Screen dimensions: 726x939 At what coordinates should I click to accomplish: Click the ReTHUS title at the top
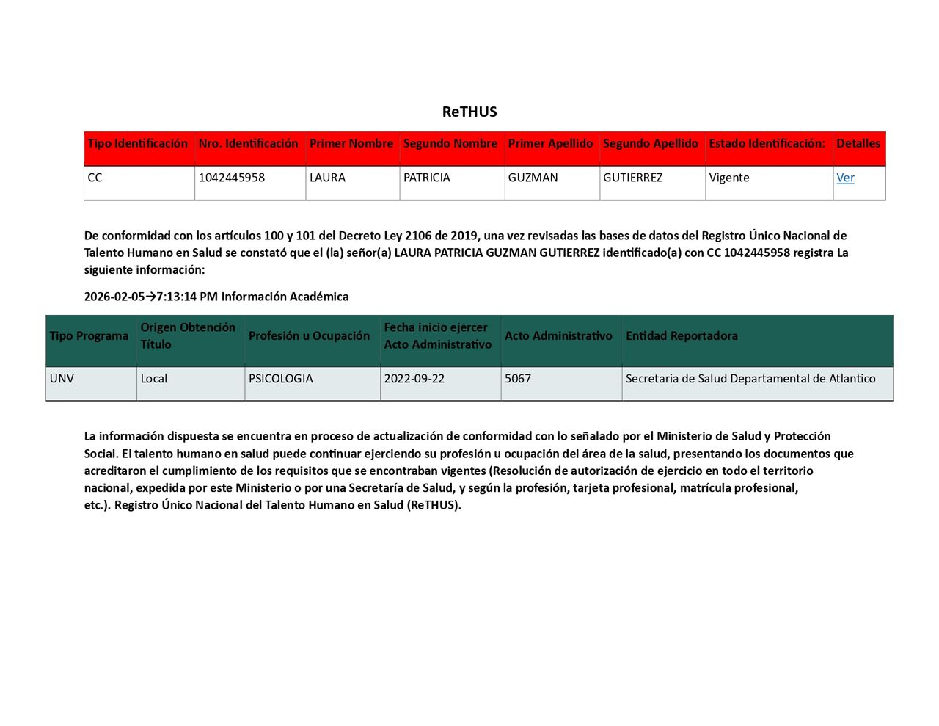[469, 112]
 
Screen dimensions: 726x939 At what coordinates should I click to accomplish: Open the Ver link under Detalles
[845, 178]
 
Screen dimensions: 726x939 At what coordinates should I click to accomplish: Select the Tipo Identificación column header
[138, 144]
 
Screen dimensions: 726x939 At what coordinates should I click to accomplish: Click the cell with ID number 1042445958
[232, 178]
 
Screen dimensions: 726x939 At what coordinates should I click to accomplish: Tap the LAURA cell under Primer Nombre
[327, 178]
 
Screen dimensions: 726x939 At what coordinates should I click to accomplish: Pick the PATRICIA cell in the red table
[427, 178]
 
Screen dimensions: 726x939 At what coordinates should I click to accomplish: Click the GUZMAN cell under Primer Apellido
[533, 178]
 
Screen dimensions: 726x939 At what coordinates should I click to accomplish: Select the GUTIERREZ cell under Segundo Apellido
[633, 178]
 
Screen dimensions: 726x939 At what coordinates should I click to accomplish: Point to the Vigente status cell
[729, 178]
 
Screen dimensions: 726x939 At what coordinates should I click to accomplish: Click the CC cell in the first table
[95, 178]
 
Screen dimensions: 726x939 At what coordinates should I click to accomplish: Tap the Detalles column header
[858, 144]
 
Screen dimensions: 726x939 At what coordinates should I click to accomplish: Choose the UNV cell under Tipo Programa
[62, 379]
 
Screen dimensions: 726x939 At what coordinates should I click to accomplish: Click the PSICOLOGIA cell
[281, 379]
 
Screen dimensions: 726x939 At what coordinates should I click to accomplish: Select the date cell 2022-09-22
[414, 379]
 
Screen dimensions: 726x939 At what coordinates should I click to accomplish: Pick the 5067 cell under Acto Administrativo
[518, 379]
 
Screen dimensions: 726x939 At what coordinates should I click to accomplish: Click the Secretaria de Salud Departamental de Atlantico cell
[750, 379]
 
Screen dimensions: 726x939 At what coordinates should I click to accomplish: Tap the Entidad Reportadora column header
[682, 336]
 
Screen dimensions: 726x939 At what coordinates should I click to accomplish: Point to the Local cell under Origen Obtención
[154, 379]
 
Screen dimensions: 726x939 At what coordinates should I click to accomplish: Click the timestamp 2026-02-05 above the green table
[114, 297]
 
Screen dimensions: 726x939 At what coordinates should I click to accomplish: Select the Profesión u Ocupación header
[309, 336]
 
